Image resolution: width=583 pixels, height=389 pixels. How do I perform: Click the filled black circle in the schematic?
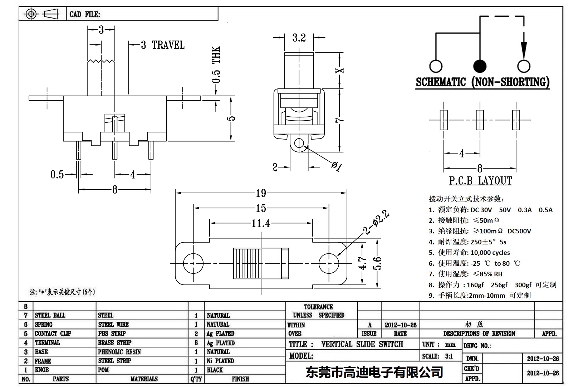coord(480,66)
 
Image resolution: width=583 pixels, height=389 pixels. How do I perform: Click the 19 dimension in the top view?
coord(261,193)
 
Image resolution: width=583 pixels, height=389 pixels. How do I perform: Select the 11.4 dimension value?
coord(261,224)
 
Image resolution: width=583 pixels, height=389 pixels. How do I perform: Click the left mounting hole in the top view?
coord(193,263)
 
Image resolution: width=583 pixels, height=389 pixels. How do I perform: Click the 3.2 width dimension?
coord(299,38)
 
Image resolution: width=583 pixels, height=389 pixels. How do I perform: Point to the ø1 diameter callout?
coord(337,166)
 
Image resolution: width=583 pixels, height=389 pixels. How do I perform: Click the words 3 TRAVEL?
coord(163,45)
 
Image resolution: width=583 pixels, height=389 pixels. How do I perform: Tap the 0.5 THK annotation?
coord(216,64)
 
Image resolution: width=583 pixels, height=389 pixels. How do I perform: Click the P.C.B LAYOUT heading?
coord(480,181)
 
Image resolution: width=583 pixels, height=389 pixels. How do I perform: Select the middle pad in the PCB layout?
coord(480,120)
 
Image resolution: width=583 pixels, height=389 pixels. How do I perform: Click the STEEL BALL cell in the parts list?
coord(50,315)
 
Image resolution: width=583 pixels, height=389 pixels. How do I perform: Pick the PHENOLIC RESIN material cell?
coord(119,352)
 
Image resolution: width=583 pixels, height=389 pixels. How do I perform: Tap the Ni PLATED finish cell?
coord(220,361)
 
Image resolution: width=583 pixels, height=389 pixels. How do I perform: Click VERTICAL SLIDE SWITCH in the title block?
coord(362,344)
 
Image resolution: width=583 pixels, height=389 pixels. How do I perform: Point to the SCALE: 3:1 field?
coord(437,356)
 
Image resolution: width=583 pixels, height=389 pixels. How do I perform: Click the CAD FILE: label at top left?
coord(85,14)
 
